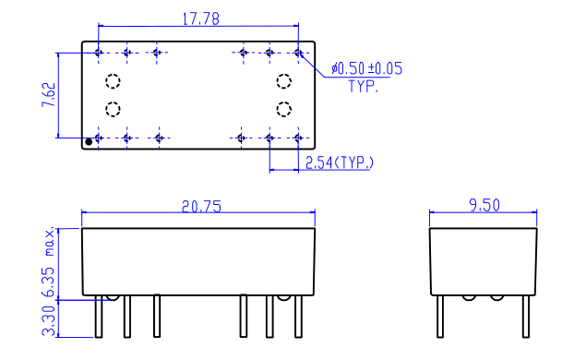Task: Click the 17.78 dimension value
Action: click(x=200, y=18)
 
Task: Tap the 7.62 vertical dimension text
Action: click(x=49, y=95)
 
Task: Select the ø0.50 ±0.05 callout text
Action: click(x=366, y=68)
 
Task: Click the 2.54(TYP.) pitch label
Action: click(x=340, y=162)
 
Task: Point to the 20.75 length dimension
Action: click(x=201, y=207)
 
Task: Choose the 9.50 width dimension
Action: click(x=484, y=205)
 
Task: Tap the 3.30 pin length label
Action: click(x=49, y=320)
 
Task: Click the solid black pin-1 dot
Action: click(x=89, y=142)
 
